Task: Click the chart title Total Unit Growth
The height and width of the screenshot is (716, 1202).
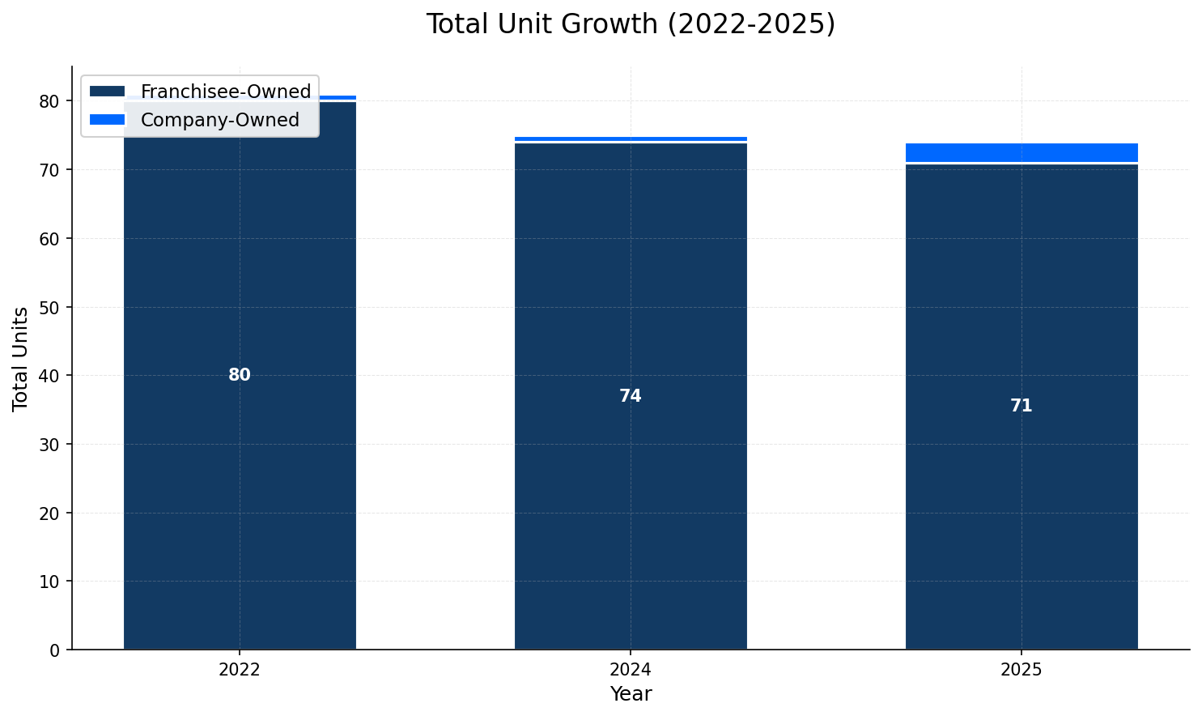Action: [x=630, y=24]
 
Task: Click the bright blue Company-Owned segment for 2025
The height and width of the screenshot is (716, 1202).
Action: [x=1021, y=152]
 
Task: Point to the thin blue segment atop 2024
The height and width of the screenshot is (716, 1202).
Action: [x=631, y=139]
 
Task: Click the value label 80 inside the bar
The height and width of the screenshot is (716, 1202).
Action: [x=240, y=375]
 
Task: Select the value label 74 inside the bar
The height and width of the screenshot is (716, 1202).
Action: [x=631, y=396]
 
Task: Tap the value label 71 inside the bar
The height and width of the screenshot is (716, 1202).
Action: [x=1021, y=406]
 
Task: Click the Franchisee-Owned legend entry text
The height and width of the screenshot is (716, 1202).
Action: [x=225, y=92]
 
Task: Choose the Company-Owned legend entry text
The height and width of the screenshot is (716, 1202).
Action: [x=219, y=120]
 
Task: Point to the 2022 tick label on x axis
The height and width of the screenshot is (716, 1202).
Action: [x=240, y=670]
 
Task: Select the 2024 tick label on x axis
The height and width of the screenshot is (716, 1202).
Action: [x=631, y=670]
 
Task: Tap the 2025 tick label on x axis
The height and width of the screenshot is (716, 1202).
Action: [x=1021, y=670]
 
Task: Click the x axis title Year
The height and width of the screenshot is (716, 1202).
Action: [x=631, y=694]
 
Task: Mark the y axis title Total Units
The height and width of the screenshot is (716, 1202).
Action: [x=21, y=358]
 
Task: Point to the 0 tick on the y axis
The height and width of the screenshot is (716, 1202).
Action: [x=54, y=650]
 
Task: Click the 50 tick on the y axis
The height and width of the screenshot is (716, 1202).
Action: [x=49, y=307]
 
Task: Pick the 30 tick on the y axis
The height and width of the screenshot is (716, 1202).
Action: [x=49, y=444]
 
